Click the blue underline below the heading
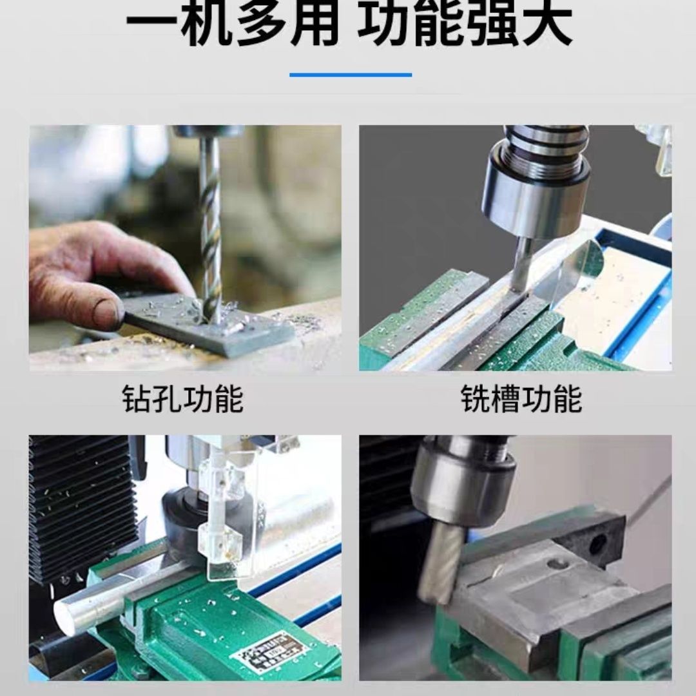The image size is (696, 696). coord(350,75)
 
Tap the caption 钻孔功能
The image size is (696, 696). coord(182,399)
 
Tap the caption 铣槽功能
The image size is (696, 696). coord(521,399)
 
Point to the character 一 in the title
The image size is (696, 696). coord(153,24)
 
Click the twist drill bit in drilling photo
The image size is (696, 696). coord(209,232)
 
